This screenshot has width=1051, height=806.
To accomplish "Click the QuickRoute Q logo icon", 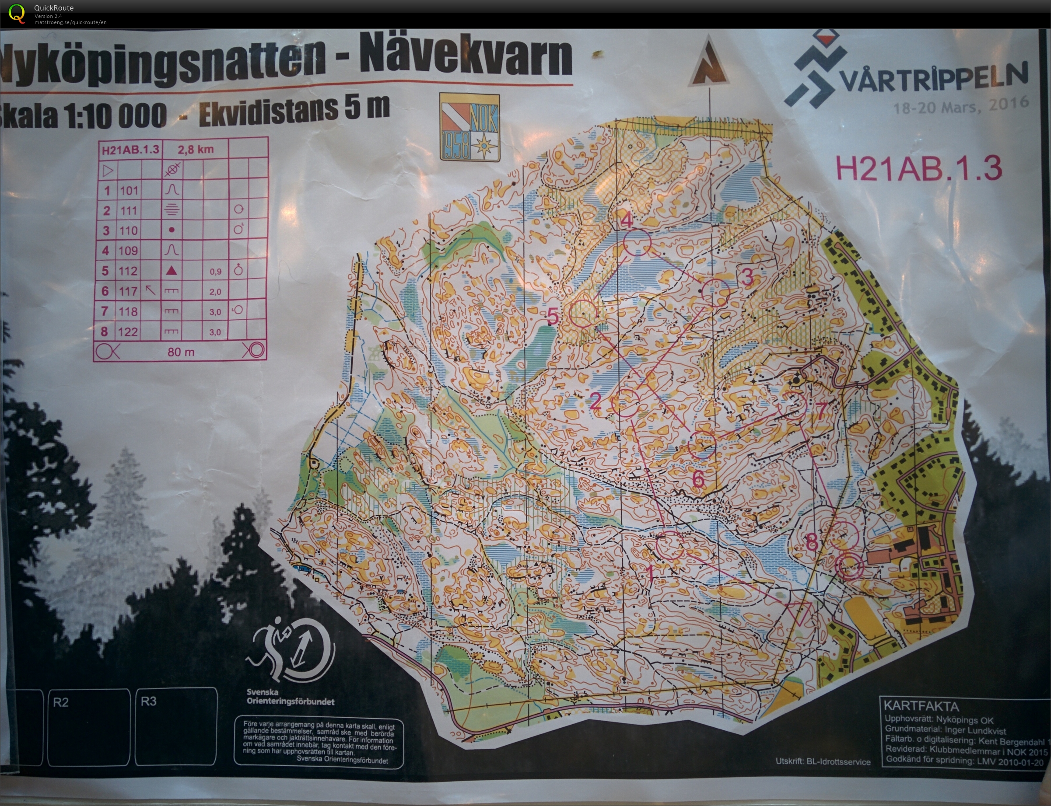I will tap(17, 13).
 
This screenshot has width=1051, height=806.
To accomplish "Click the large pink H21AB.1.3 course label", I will tap(918, 168).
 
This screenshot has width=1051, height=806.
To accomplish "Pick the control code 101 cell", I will tap(129, 191).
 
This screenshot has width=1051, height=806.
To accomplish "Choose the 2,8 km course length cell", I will tap(195, 149).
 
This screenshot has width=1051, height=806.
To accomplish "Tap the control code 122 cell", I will tap(128, 331).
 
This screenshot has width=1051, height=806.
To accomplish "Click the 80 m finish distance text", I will tap(181, 352).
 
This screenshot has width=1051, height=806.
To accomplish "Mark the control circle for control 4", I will tap(637, 243).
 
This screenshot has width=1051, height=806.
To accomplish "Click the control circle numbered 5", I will tap(583, 313).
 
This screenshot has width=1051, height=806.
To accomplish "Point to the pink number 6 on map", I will tap(698, 479).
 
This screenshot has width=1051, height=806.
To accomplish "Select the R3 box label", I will tap(149, 701).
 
